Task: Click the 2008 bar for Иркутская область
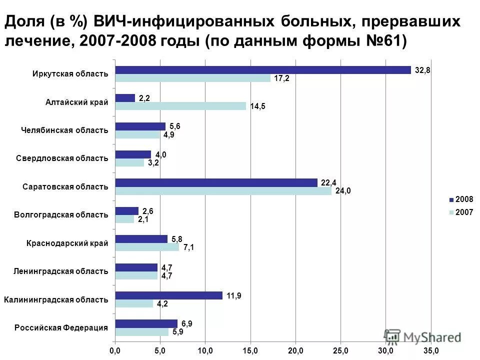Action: [x=263, y=70]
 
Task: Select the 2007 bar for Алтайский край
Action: [x=180, y=106]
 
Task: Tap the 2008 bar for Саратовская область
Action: [x=216, y=182]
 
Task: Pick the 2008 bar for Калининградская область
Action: [x=168, y=295]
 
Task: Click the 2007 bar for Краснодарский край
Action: [x=147, y=247]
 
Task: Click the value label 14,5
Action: [x=258, y=106]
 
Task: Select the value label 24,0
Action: [x=342, y=190]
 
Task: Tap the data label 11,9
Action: [x=234, y=295]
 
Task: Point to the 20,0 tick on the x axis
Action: [x=295, y=348]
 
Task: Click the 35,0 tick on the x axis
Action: [x=430, y=348]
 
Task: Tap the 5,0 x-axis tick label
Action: [x=160, y=348]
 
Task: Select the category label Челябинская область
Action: [x=64, y=130]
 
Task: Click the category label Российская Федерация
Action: [x=61, y=328]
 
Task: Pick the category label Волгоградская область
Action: [x=61, y=215]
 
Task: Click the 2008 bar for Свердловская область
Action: [x=133, y=154]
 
